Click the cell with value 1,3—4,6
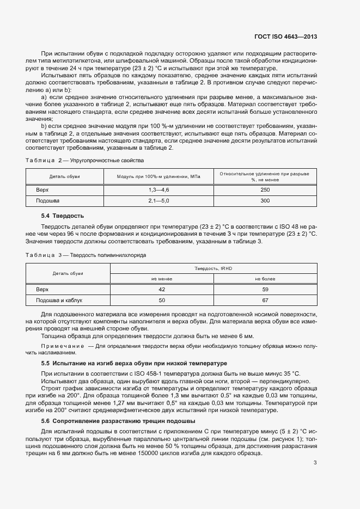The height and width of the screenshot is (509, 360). [158, 189]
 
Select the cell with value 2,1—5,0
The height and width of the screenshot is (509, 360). [158, 201]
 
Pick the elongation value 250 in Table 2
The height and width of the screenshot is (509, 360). [265, 189]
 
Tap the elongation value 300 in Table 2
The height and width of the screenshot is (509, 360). [265, 201]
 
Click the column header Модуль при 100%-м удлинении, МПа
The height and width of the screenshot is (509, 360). [158, 176]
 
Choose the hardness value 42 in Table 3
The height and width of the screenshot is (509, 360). [161, 289]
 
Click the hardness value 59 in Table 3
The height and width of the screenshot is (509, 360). [265, 289]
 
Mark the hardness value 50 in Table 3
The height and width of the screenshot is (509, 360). [161, 300]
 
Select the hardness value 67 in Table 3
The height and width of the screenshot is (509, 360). [265, 300]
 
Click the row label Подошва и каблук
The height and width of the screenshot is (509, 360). [59, 300]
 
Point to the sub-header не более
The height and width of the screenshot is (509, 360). [265, 279]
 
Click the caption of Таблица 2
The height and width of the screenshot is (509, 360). [84, 161]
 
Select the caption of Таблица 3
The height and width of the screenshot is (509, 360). [86, 255]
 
